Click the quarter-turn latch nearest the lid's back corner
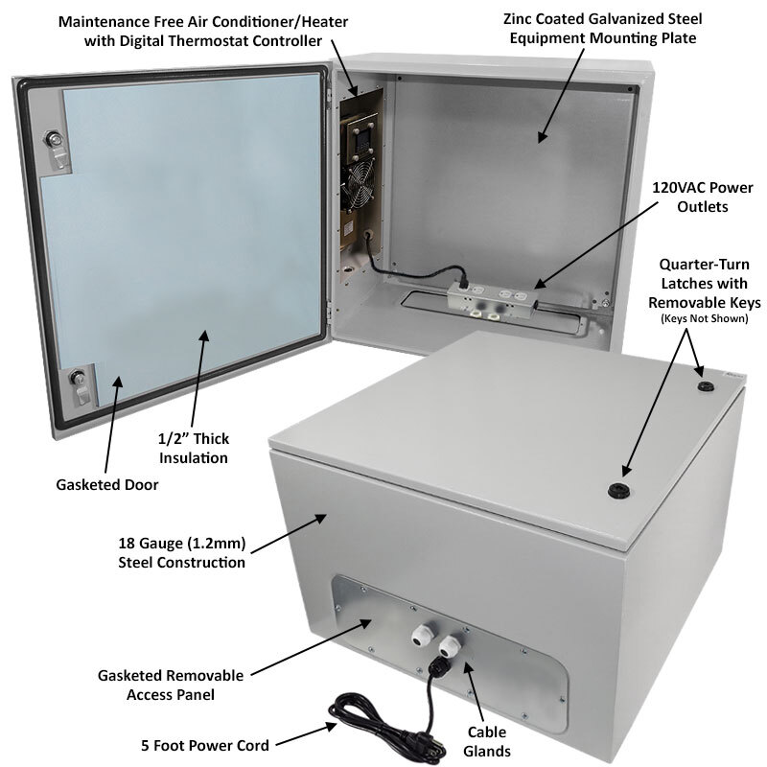(x=708, y=385)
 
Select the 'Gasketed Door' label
(x=106, y=484)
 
